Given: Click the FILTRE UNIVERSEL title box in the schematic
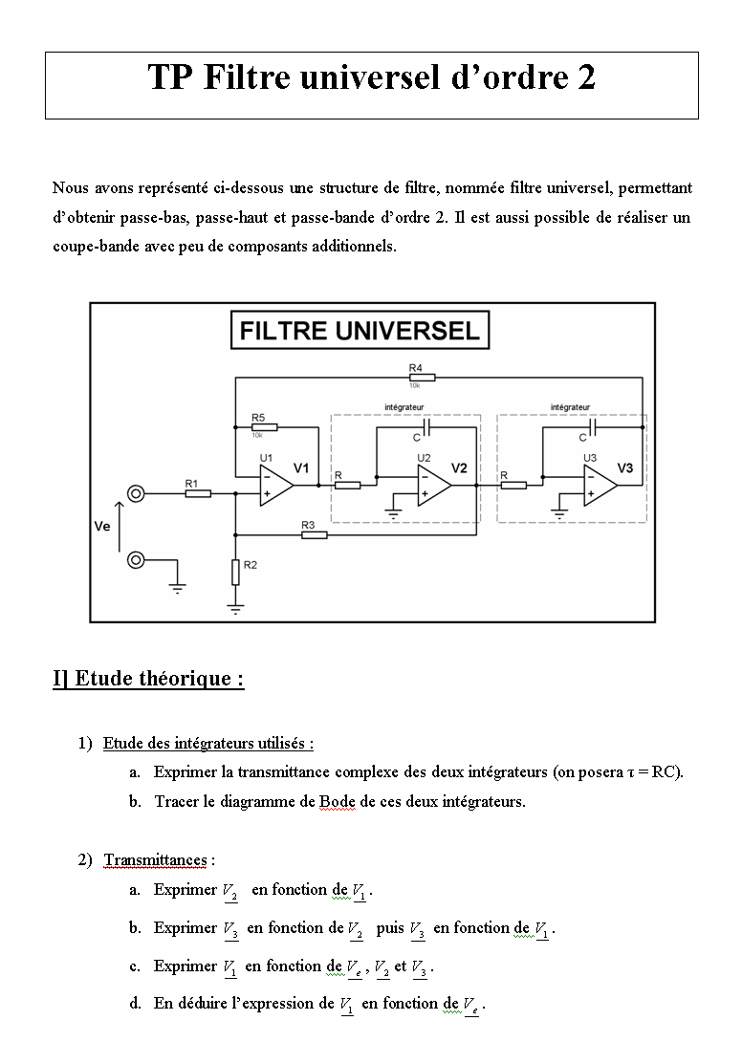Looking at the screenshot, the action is [360, 330].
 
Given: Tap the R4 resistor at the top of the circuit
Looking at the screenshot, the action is [423, 378].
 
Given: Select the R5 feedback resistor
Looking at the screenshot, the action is [264, 427].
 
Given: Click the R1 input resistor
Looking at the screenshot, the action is [198, 493].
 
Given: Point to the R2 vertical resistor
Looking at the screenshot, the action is [235, 573].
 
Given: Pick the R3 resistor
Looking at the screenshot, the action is [315, 534].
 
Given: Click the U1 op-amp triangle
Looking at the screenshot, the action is [276, 485].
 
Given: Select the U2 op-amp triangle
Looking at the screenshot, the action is [434, 485].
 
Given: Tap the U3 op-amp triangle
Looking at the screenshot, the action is [600, 485].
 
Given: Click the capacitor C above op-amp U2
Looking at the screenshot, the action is [426, 427].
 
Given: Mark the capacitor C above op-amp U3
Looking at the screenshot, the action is [593, 427].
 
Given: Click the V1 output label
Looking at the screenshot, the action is [301, 468].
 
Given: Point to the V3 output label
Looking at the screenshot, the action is [625, 468].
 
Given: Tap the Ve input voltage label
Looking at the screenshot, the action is [101, 527].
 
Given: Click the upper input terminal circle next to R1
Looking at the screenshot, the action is [136, 493].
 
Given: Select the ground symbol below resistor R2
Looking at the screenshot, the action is [235, 608].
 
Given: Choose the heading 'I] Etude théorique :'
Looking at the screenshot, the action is [149, 679].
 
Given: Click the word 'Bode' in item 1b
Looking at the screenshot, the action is [338, 801].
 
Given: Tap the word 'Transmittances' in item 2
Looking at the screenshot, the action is [156, 860].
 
